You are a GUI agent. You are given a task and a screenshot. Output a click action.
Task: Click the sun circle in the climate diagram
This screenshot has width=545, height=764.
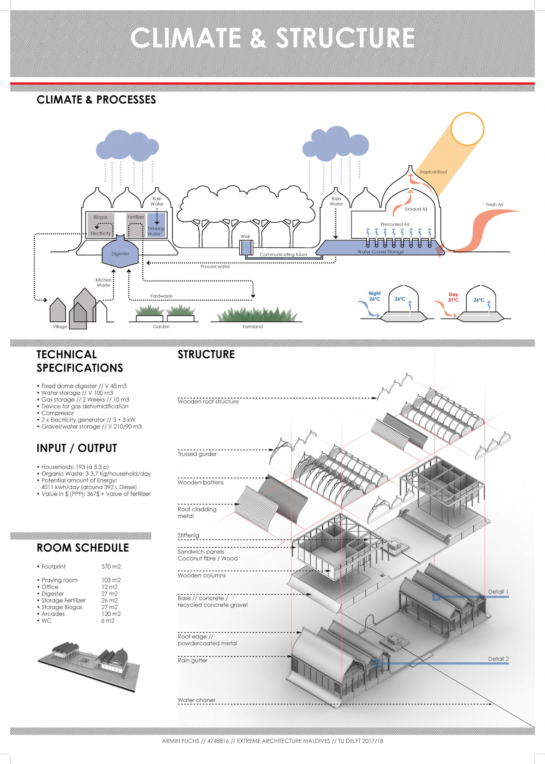[467, 128]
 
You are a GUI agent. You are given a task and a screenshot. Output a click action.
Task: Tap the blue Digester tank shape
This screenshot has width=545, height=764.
[120, 254]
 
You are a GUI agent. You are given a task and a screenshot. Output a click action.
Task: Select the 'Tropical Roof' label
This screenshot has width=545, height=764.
[433, 172]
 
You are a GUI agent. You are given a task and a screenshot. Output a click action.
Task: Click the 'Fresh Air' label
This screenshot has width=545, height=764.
[494, 204]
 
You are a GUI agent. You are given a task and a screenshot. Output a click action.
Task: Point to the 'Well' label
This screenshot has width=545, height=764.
[245, 237]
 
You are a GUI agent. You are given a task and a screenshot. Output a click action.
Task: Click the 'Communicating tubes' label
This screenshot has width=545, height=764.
[283, 254]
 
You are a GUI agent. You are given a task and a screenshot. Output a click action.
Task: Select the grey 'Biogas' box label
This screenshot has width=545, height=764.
[100, 217]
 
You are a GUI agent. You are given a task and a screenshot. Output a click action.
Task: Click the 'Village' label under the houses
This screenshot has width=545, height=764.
[60, 326]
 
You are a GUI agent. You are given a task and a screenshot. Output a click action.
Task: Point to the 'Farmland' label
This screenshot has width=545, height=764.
[252, 326]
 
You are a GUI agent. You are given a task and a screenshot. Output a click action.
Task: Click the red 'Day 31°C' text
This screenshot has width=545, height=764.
[453, 297]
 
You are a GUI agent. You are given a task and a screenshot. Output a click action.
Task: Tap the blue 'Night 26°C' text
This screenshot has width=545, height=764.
[374, 296]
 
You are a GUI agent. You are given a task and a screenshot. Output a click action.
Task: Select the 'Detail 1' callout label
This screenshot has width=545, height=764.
[498, 592]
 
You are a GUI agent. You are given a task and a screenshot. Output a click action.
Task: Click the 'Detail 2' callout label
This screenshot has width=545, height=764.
[498, 659]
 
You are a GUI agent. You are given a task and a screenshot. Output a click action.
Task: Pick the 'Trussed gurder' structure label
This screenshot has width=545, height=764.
[197, 454]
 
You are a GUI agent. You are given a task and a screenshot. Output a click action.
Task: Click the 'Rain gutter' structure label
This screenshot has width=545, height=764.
[192, 660]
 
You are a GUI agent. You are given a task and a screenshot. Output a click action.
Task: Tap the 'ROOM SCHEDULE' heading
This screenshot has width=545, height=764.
[83, 548]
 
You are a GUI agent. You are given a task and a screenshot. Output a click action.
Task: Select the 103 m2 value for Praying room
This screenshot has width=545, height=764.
[111, 580]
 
